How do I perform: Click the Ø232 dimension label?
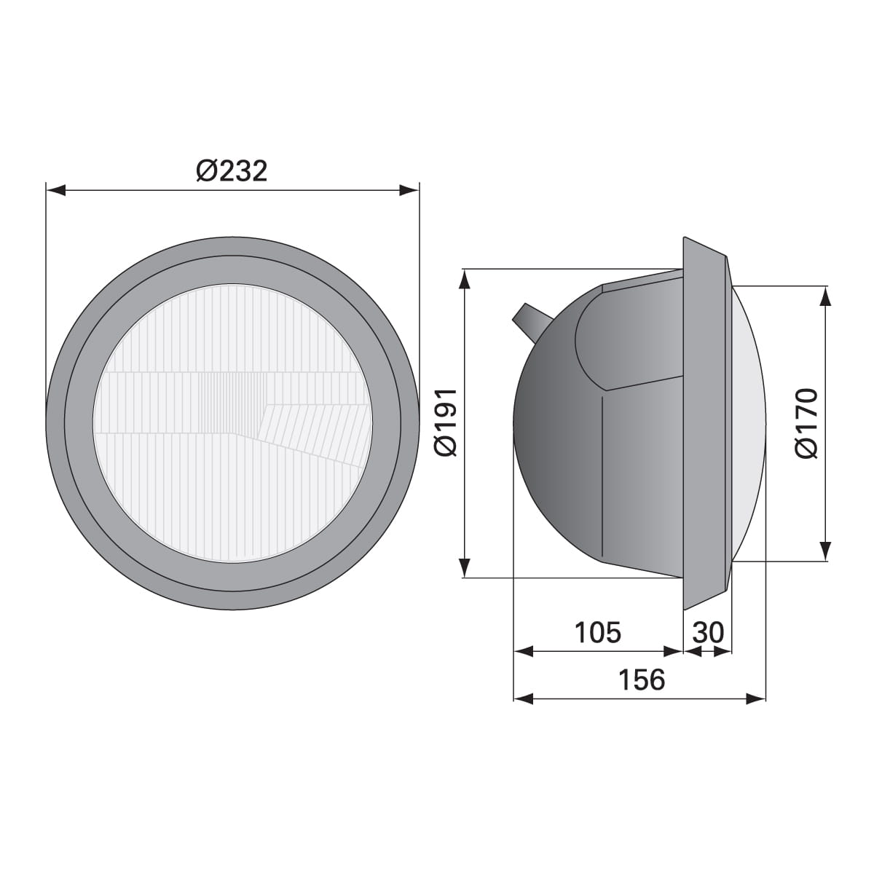[232, 171]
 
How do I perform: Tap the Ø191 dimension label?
[446, 422]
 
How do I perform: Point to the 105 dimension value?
[597, 632]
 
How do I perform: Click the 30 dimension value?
[708, 632]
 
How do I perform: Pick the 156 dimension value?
[642, 680]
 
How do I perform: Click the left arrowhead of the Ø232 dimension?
[56, 190]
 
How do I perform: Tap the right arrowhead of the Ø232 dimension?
[409, 190]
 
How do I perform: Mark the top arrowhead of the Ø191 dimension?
[465, 279]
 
